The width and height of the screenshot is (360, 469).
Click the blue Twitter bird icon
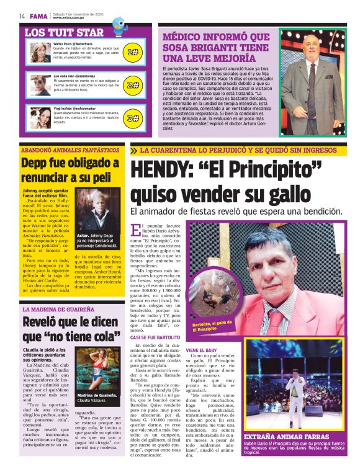point(117,25)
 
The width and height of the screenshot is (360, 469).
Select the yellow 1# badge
point(132,52)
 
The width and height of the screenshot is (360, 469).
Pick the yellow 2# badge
point(132,85)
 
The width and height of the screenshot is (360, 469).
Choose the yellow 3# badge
point(132,118)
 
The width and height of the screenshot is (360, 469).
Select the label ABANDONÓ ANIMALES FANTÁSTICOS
point(70,150)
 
